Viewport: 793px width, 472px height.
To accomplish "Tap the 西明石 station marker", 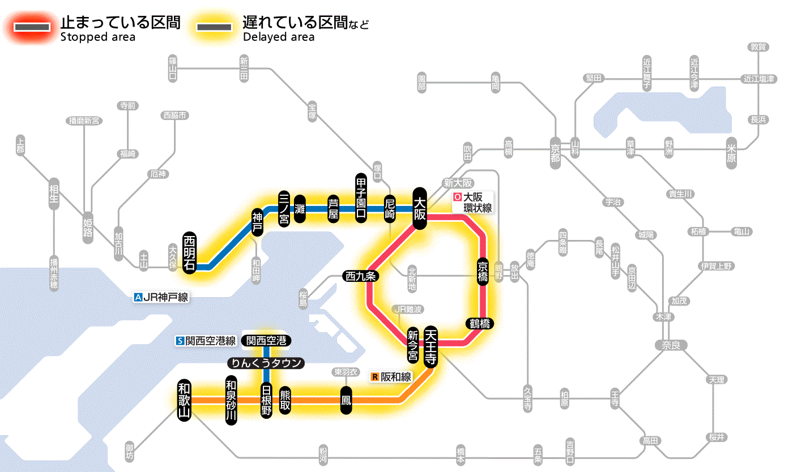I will [x=189, y=252].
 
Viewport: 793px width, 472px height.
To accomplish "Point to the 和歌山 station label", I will [x=184, y=399].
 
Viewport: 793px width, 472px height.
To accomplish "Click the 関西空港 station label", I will [x=266, y=341].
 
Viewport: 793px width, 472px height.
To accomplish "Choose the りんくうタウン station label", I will [x=266, y=363].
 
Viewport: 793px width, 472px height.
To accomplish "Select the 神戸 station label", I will [x=258, y=222].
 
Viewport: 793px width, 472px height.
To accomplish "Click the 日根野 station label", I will [x=266, y=400].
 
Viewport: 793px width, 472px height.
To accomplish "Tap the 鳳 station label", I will [x=345, y=400].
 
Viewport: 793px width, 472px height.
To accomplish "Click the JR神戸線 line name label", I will [x=161, y=297].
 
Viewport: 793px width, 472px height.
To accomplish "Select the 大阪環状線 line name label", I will [x=473, y=203].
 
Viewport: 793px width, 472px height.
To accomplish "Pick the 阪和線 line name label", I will [x=391, y=376].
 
